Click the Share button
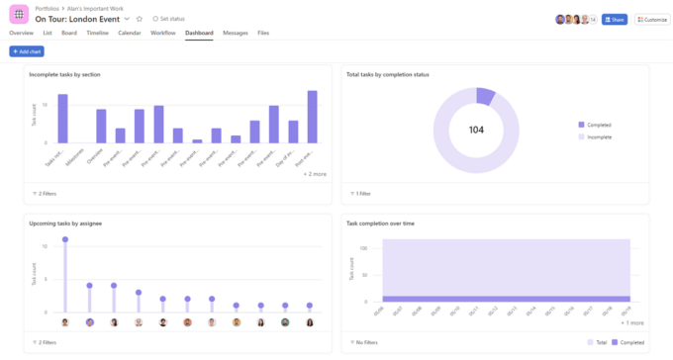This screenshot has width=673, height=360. (x=614, y=19)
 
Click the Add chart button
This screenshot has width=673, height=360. (x=27, y=50)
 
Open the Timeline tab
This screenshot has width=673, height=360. (x=97, y=33)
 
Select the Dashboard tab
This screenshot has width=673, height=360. (x=199, y=33)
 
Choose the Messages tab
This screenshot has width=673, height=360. (x=236, y=33)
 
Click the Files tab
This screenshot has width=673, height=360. (x=263, y=33)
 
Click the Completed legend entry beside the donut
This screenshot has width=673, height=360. (x=598, y=125)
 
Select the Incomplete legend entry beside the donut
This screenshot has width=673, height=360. (x=598, y=136)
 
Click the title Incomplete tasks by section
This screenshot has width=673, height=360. (x=64, y=74)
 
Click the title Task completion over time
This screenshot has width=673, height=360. (x=380, y=224)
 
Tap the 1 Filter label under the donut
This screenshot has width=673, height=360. (x=361, y=194)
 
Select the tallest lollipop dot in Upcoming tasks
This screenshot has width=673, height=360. (x=65, y=239)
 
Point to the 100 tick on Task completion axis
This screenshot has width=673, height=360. (x=363, y=248)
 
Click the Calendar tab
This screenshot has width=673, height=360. (x=130, y=33)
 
